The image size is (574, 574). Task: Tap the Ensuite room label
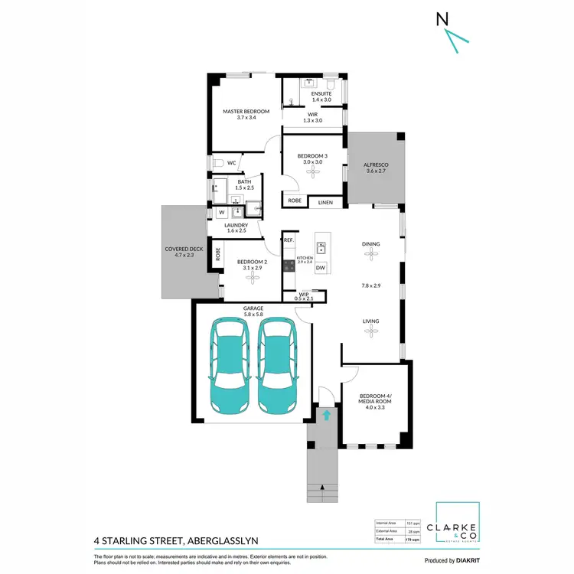point(321,96)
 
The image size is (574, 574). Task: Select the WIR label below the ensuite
point(312,117)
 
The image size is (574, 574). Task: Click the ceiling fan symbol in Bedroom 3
point(312,172)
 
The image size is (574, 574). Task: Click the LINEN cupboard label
point(326,201)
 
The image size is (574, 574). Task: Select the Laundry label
point(236,228)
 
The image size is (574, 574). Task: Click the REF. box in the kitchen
point(289,240)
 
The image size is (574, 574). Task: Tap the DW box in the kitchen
point(321,267)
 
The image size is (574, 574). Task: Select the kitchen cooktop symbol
point(289,266)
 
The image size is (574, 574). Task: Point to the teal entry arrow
point(327,416)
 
